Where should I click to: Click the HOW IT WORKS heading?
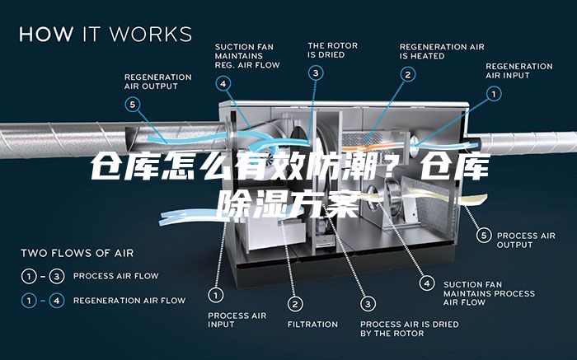click(x=106, y=35)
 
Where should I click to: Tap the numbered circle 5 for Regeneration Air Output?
click(x=133, y=105)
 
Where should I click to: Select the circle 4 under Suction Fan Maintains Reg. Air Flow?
click(x=223, y=83)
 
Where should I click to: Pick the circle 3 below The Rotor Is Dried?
click(x=316, y=72)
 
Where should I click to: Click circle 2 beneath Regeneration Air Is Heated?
click(x=408, y=75)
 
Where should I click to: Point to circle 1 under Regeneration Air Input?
click(x=494, y=94)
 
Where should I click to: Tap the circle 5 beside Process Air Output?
click(x=484, y=236)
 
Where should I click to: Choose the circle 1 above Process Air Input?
click(x=216, y=295)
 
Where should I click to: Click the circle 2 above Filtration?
click(x=295, y=304)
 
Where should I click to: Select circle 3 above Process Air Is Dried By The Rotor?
click(x=368, y=304)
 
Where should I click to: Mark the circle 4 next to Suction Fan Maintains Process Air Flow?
click(x=427, y=283)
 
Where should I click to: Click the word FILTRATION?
click(x=312, y=325)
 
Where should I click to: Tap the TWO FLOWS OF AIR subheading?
click(x=77, y=253)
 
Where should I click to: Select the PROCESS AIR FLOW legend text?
click(x=116, y=276)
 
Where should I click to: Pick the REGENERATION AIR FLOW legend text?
click(x=129, y=301)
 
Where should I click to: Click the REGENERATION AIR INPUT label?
click(x=518, y=71)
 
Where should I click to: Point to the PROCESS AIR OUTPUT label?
click(x=526, y=240)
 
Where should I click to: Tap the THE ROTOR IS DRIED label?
click(x=333, y=50)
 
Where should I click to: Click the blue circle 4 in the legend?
click(x=57, y=301)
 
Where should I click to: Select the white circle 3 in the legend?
click(x=57, y=276)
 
